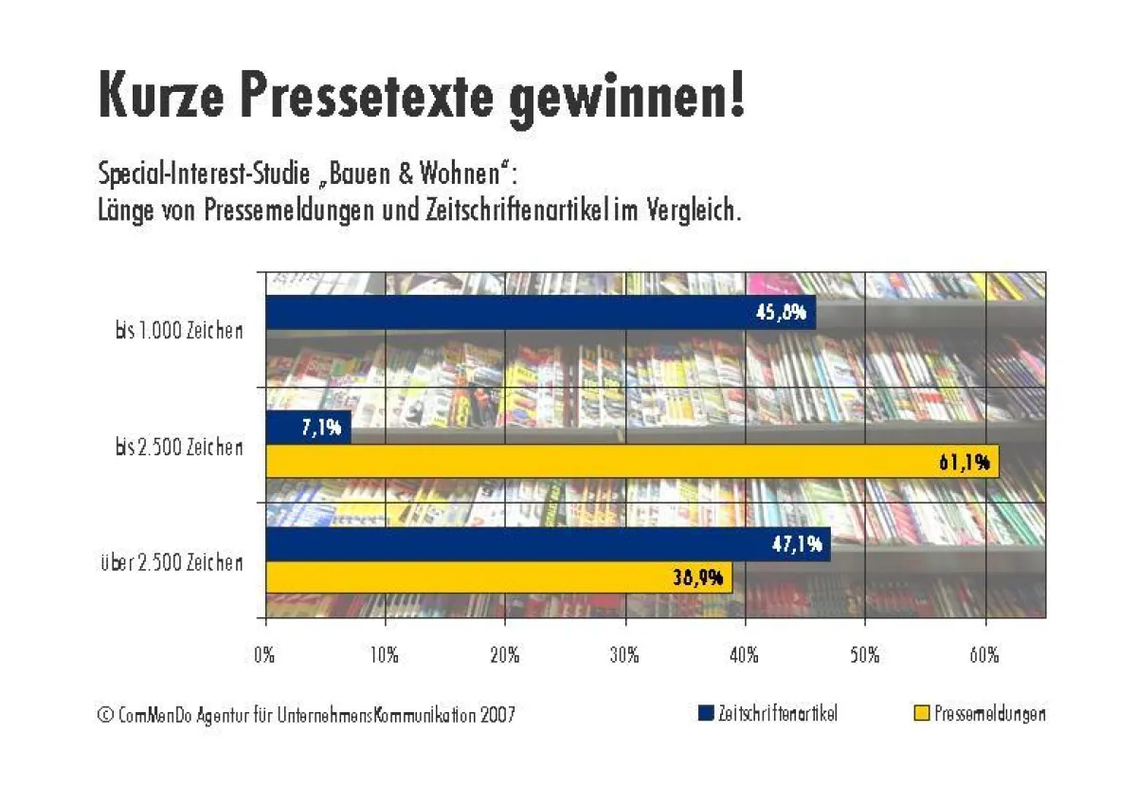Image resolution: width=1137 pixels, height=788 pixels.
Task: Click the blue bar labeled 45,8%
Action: click(x=540, y=313)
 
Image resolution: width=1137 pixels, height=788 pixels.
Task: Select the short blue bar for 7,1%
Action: click(x=308, y=428)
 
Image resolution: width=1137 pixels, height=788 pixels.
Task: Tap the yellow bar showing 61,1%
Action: click(x=632, y=462)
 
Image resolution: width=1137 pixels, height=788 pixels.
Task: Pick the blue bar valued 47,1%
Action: click(x=548, y=544)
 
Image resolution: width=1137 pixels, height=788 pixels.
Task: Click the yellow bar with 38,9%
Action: click(x=499, y=577)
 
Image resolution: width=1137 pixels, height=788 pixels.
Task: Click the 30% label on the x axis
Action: click(x=624, y=655)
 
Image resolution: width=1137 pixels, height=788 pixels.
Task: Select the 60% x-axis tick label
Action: click(x=984, y=655)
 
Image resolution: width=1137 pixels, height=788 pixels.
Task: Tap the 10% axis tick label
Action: click(x=384, y=655)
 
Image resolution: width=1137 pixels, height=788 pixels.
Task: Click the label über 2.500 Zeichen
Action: click(x=171, y=562)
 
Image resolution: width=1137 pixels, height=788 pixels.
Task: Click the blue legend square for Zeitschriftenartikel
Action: click(x=705, y=713)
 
